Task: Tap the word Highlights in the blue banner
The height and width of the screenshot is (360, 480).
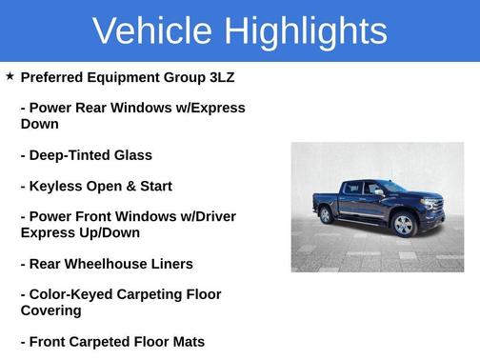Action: [x=304, y=30]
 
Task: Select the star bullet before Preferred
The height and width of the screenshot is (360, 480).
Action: [x=10, y=76]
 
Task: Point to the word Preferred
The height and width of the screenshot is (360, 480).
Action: [x=53, y=77]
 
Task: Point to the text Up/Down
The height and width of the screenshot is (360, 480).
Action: [x=107, y=232]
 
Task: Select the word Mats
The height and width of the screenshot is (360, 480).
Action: [x=186, y=342]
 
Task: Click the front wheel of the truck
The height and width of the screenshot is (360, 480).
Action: [x=404, y=226]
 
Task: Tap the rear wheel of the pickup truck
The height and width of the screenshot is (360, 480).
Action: [x=327, y=215]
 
